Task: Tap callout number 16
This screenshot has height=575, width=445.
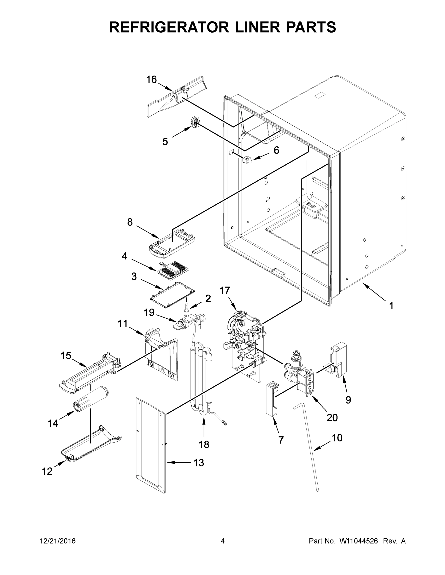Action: pyautogui.click(x=151, y=80)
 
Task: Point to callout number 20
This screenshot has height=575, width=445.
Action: pyautogui.click(x=332, y=417)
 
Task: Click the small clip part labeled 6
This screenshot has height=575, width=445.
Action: pyautogui.click(x=247, y=160)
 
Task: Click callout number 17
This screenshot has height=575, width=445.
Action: pyautogui.click(x=225, y=291)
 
